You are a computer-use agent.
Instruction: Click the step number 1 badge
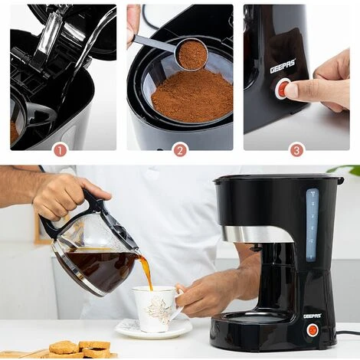click(60, 149)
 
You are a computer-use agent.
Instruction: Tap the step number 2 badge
click(180, 149)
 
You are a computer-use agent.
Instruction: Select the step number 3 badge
click(297, 149)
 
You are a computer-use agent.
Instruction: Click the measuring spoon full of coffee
click(191, 54)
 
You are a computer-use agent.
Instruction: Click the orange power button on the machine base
click(312, 330)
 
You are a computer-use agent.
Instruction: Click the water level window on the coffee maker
click(312, 226)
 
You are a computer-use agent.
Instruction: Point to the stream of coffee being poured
click(145, 271)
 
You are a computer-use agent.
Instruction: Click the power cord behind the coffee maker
click(348, 333)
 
